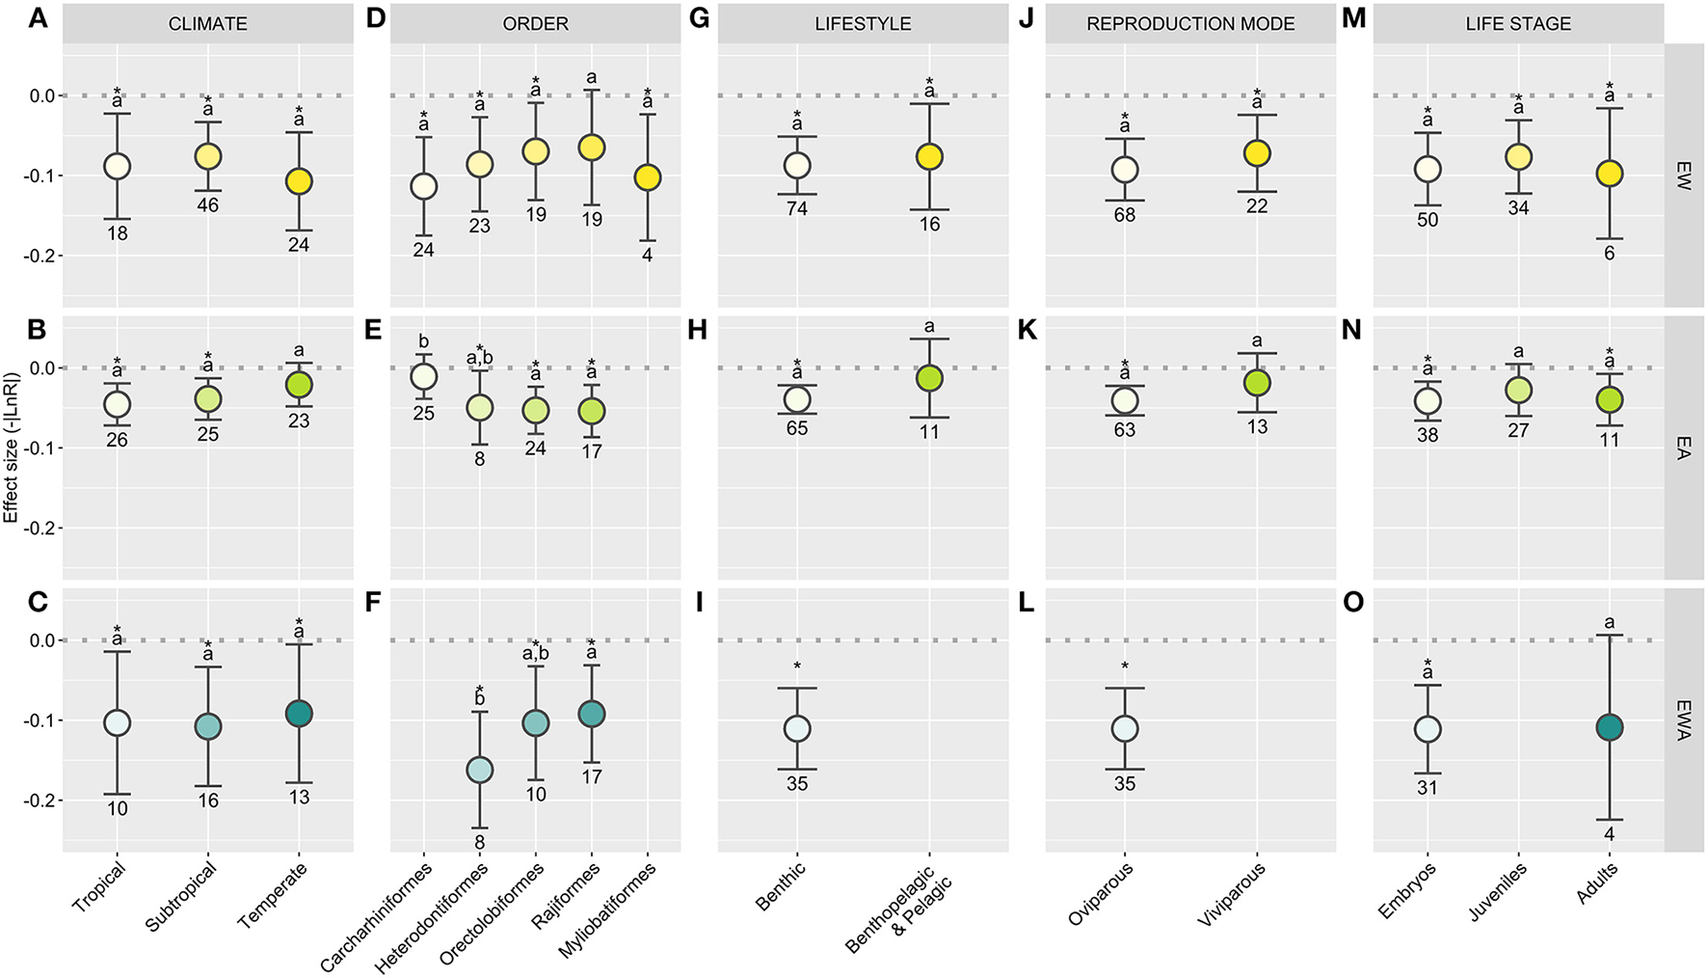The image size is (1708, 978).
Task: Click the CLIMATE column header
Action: [207, 24]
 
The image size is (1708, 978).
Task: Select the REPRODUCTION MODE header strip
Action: [1190, 24]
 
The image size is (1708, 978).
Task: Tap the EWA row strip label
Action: [1683, 720]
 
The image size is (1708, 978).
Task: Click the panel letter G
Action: [700, 18]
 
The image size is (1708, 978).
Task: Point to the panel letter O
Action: [1353, 603]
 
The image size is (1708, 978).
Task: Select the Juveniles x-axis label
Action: [1499, 892]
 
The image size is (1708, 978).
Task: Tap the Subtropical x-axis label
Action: [181, 897]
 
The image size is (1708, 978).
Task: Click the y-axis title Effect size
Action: [11, 448]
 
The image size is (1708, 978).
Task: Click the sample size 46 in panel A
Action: [208, 205]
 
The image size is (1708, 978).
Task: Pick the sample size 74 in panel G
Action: [797, 208]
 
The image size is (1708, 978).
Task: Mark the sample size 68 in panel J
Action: [1125, 215]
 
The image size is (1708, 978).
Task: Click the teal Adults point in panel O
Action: [1609, 727]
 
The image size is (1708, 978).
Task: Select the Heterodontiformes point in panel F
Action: [479, 770]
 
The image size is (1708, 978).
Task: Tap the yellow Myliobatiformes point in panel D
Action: [648, 177]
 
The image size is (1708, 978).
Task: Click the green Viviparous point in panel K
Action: [1257, 383]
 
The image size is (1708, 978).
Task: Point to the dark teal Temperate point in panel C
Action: [299, 714]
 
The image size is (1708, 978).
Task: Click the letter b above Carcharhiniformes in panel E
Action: [424, 342]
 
